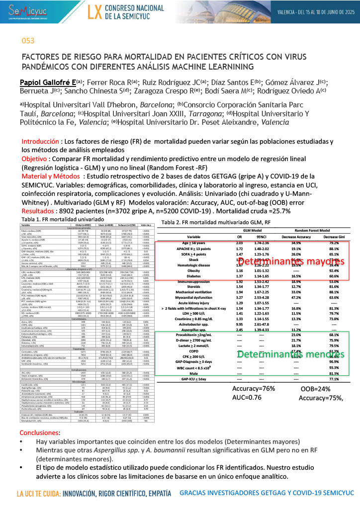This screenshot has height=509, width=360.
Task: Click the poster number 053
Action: pos(28,41)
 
